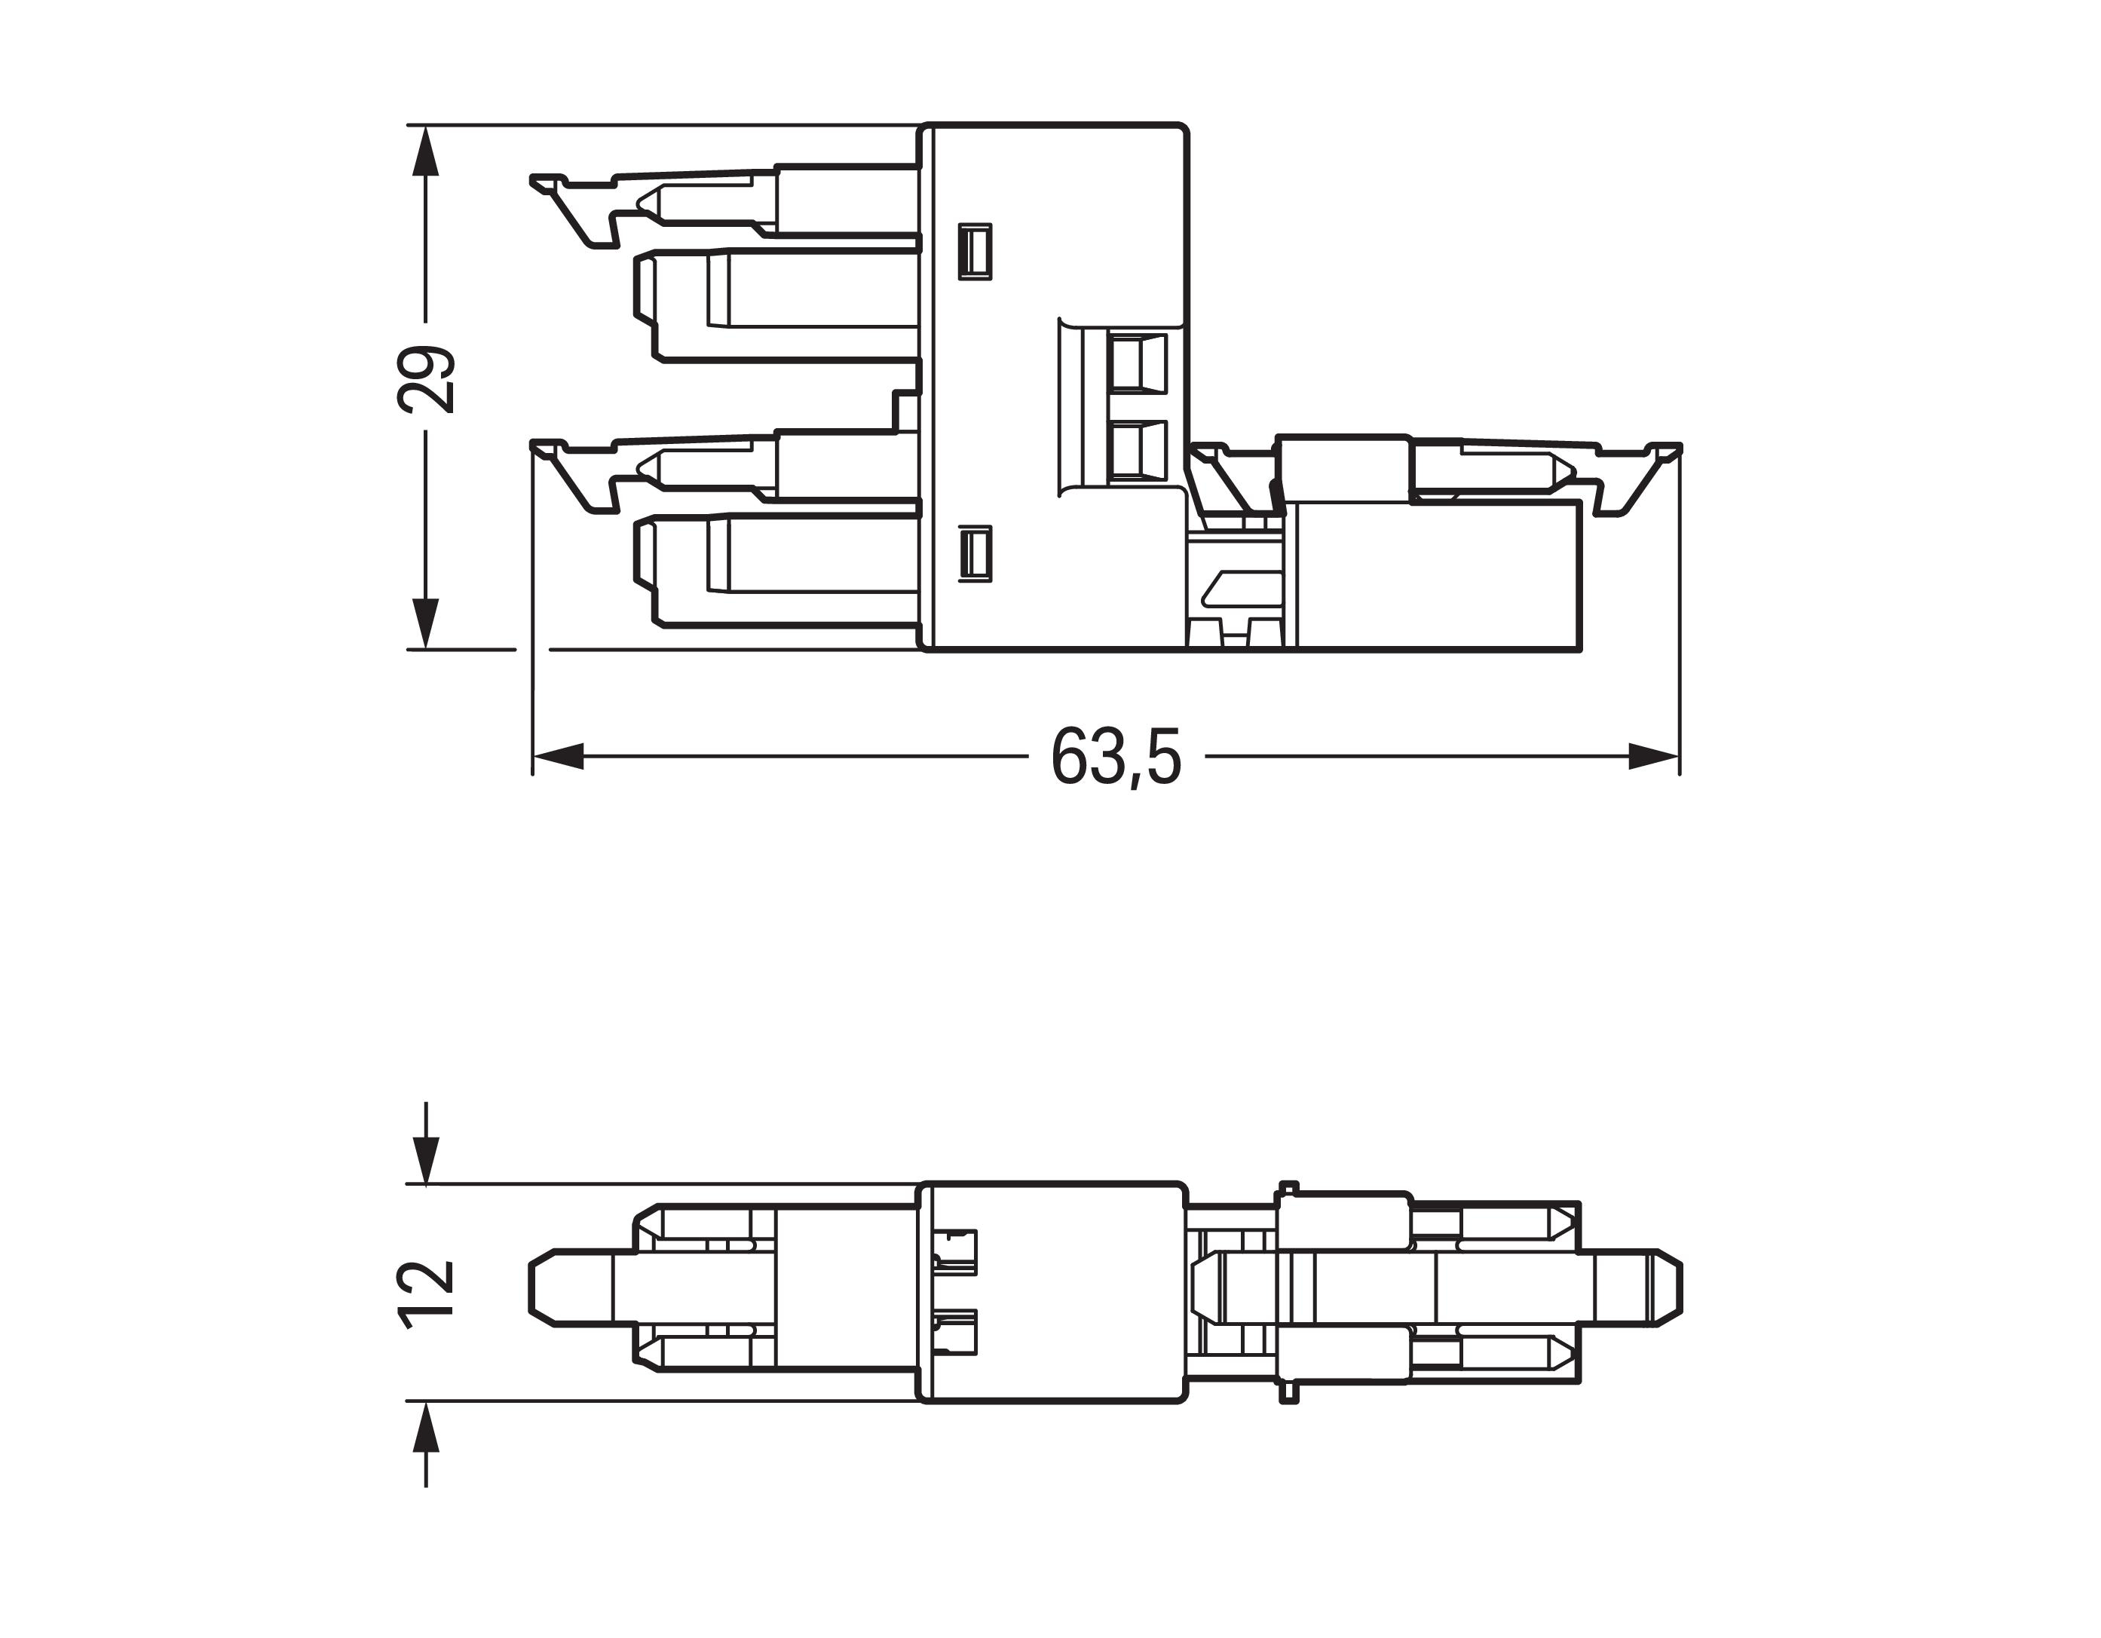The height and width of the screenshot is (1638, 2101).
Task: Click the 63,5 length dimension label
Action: pos(1116,756)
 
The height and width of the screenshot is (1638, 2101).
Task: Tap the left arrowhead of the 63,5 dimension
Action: pos(558,756)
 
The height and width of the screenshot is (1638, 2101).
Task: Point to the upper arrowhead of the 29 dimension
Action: pos(425,151)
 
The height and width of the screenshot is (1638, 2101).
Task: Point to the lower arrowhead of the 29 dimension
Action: pos(425,623)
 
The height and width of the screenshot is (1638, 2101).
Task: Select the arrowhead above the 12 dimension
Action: pos(425,1158)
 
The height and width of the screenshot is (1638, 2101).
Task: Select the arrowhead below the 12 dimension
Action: pos(425,1428)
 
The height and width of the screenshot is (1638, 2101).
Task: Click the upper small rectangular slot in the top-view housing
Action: pos(975,252)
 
